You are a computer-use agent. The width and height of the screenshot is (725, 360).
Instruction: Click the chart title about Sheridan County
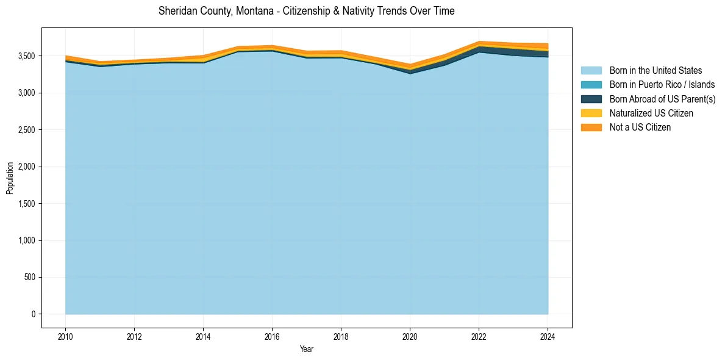306,11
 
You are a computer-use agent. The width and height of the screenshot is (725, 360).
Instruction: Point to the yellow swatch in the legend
591,113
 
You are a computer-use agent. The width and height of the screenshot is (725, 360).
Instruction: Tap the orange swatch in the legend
591,128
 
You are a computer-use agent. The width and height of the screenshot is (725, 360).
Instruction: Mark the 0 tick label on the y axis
33,314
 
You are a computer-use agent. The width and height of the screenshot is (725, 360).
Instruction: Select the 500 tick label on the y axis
29,278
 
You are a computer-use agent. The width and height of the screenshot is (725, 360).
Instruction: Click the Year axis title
307,349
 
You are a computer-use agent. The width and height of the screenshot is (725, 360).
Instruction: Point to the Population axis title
10,178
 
